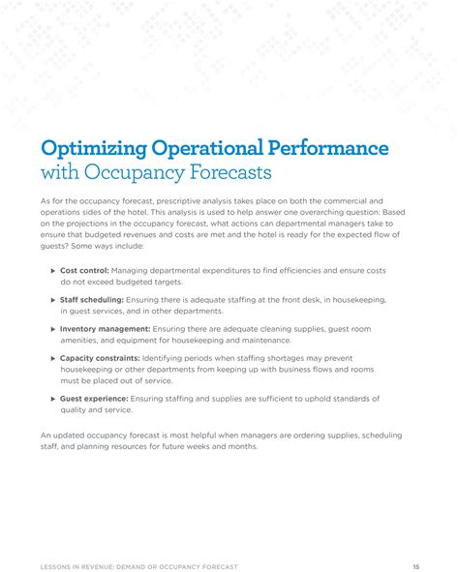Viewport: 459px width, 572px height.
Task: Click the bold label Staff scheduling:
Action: tap(93, 300)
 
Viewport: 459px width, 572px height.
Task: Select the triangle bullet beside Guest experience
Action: tap(52, 398)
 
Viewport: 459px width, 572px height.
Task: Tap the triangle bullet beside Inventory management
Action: tap(52, 329)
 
